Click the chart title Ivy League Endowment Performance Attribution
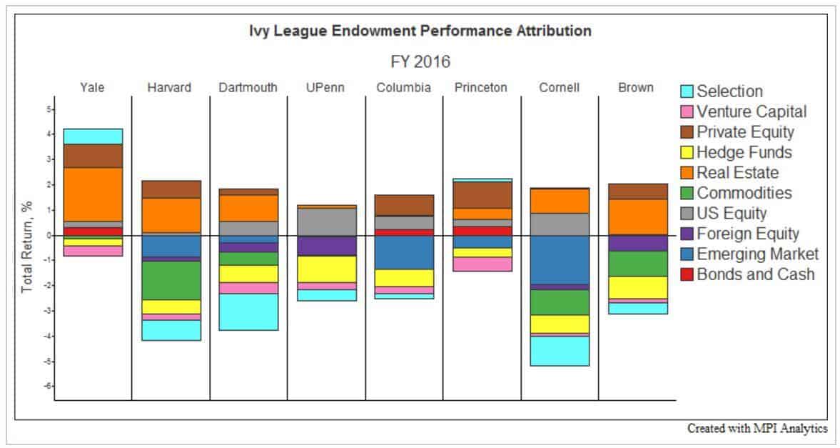pos(420,31)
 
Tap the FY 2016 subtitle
pos(420,61)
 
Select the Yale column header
pos(93,88)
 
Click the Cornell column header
pos(560,88)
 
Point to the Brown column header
pos(637,88)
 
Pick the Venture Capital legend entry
pos(752,111)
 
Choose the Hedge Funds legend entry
pos(744,152)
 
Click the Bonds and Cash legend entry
pos(755,274)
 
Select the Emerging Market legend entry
pos(757,254)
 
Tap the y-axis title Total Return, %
pos(27,247)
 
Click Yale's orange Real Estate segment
pos(93,194)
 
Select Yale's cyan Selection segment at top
pos(93,136)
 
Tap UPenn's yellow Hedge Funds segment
pos(326,269)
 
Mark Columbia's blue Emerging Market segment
pos(404,252)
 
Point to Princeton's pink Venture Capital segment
pos(482,264)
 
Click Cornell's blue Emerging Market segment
pos(560,259)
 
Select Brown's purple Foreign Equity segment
pos(637,243)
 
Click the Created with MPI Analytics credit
pos(757,429)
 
